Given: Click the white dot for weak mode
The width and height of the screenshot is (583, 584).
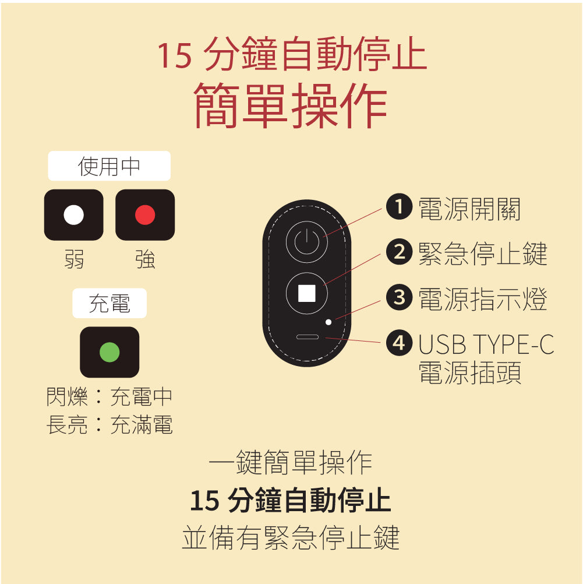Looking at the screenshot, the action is click(74, 215).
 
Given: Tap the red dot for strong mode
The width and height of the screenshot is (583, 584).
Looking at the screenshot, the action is click(145, 215).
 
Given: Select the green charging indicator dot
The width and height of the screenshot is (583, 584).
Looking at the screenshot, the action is click(109, 352).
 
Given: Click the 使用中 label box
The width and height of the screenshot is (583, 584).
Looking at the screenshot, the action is click(109, 166).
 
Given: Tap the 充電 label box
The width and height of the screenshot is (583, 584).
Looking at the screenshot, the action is click(109, 303).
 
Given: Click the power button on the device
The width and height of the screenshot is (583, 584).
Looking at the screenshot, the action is click(307, 242).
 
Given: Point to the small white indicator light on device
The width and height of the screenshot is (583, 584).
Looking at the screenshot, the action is click(328, 322).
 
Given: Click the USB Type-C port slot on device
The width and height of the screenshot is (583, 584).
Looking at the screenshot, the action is click(308, 337).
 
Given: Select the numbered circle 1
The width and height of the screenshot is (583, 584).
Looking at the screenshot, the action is click(399, 206).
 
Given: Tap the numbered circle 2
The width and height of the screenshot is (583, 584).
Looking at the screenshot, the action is click(399, 252).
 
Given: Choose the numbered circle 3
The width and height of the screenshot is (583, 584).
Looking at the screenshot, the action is click(399, 297).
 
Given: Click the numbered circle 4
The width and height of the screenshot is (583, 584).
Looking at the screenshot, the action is click(399, 343).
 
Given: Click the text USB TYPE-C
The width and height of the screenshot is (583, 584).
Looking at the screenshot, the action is click(486, 344).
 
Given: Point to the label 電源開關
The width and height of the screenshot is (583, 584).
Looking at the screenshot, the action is click(469, 209).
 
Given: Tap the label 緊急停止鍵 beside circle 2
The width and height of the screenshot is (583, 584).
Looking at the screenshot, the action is click(483, 254).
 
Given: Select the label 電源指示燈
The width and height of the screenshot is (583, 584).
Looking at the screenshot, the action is click(483, 299).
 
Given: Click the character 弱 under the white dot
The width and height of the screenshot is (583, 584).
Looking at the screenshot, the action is click(74, 259).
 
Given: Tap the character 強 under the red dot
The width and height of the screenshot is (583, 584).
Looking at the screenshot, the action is click(145, 259).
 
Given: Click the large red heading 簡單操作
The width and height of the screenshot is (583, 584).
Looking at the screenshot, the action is click(291, 105).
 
